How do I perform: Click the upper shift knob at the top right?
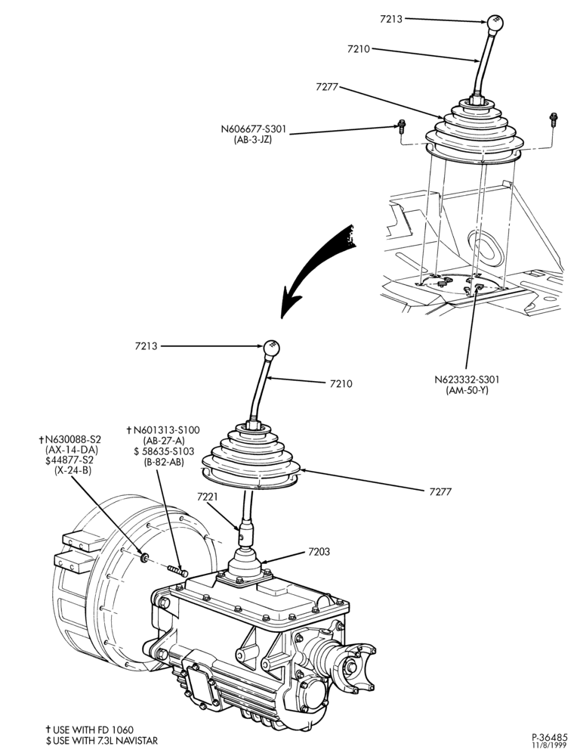pyautogui.click(x=495, y=23)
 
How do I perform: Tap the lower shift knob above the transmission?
pyautogui.click(x=272, y=348)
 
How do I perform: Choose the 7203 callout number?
pyautogui.click(x=318, y=552)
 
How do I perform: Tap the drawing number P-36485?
pyautogui.click(x=550, y=737)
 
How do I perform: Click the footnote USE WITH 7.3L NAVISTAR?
pyautogui.click(x=102, y=741)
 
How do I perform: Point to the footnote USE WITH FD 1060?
pyautogui.click(x=90, y=730)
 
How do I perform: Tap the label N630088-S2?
pyautogui.click(x=70, y=440)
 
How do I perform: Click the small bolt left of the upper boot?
pyautogui.click(x=401, y=126)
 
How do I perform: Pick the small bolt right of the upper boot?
pyautogui.click(x=554, y=119)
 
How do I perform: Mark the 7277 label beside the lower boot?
pyautogui.click(x=440, y=492)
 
